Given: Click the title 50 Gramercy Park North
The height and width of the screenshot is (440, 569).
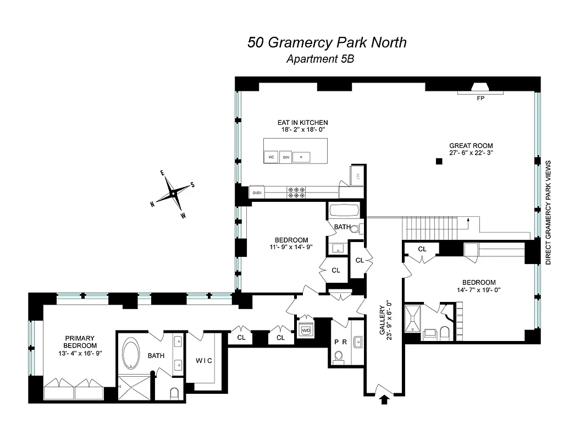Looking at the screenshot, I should (327, 42).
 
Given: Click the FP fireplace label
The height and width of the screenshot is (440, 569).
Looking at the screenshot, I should (480, 99).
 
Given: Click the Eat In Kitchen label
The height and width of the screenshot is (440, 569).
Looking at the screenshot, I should (302, 122).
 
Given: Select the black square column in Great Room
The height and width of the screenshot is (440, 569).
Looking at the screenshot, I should (439, 161).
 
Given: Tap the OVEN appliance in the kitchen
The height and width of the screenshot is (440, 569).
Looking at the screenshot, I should (257, 193).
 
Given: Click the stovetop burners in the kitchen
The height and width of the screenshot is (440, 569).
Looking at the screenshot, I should (296, 192).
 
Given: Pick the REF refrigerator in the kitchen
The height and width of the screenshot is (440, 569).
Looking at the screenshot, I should (357, 176).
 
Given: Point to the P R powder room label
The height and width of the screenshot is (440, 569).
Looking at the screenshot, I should (341, 341).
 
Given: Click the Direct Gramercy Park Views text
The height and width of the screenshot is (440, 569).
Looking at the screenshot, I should (549, 213).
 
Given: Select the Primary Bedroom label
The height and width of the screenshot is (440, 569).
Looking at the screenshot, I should (80, 338).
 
